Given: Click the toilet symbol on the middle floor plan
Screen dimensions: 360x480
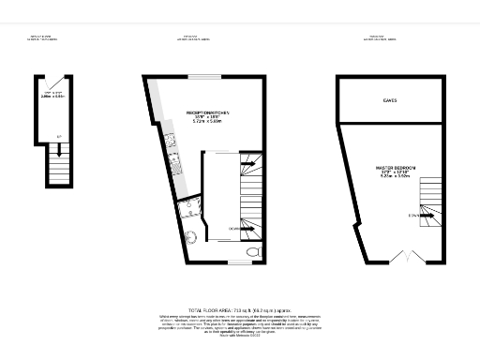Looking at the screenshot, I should pyautogui.click(x=251, y=253).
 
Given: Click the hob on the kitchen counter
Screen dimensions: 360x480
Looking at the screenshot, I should pyautogui.click(x=172, y=170).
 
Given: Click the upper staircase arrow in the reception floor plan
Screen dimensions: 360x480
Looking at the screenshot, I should pyautogui.click(x=249, y=163).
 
